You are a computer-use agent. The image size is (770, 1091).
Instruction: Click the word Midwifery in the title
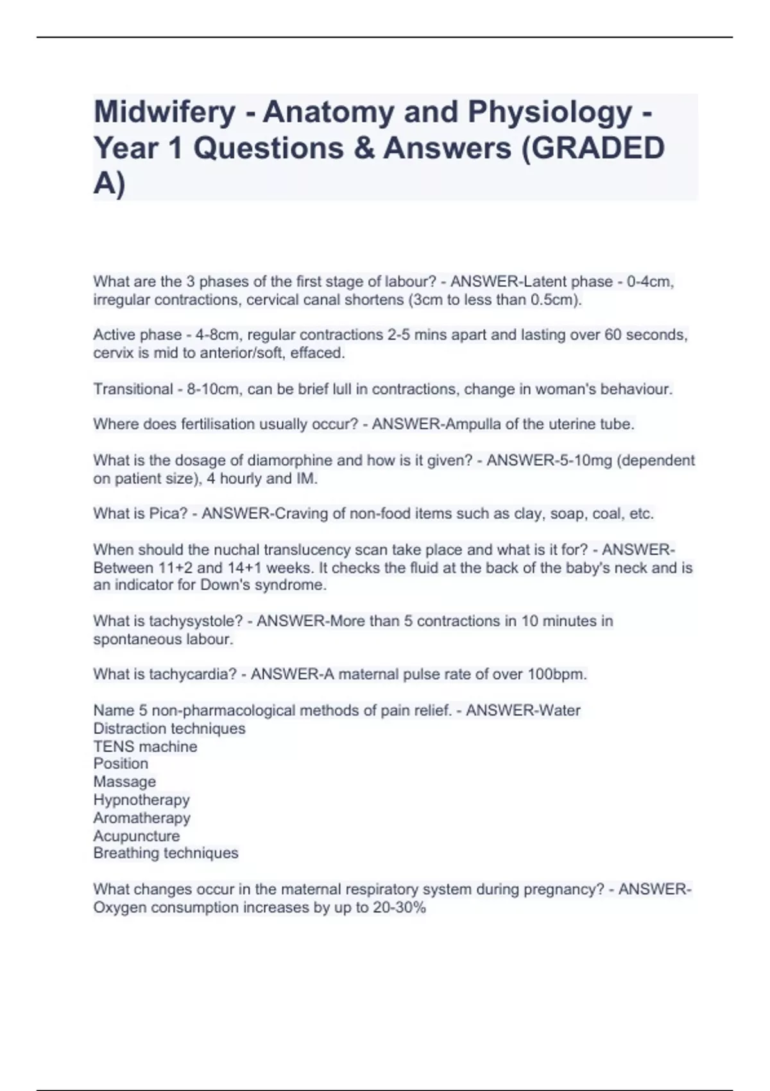[164, 112]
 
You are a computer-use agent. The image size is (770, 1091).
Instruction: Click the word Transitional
[133, 389]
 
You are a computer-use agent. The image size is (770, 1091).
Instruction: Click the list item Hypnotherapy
[141, 800]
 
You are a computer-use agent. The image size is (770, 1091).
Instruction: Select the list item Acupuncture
[136, 836]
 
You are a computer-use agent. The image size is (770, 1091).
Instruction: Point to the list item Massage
[124, 782]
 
